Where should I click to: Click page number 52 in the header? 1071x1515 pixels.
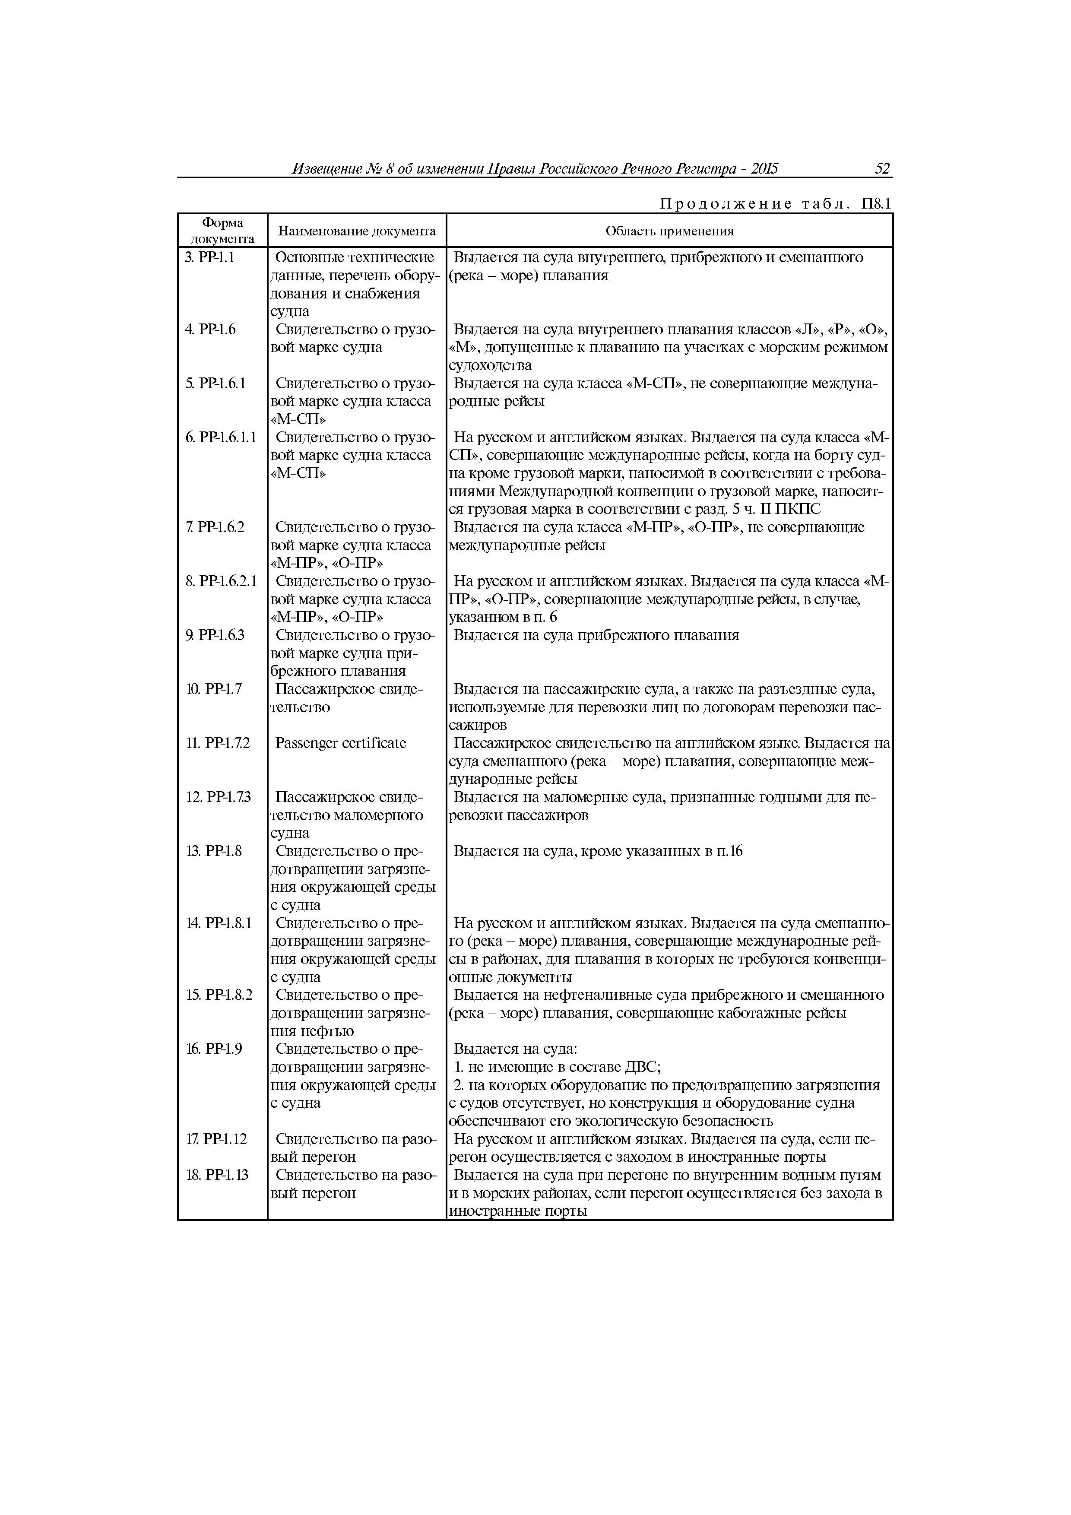(882, 169)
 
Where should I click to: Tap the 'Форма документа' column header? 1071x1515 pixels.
(222, 231)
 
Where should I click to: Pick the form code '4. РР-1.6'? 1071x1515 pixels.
(210, 329)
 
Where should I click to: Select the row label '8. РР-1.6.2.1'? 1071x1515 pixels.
(220, 581)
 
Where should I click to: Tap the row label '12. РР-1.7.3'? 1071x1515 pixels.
(218, 798)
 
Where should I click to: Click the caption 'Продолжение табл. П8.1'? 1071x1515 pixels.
(775, 204)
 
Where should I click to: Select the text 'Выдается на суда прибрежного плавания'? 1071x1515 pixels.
(596, 635)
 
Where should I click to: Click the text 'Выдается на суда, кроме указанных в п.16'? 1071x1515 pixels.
(598, 852)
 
